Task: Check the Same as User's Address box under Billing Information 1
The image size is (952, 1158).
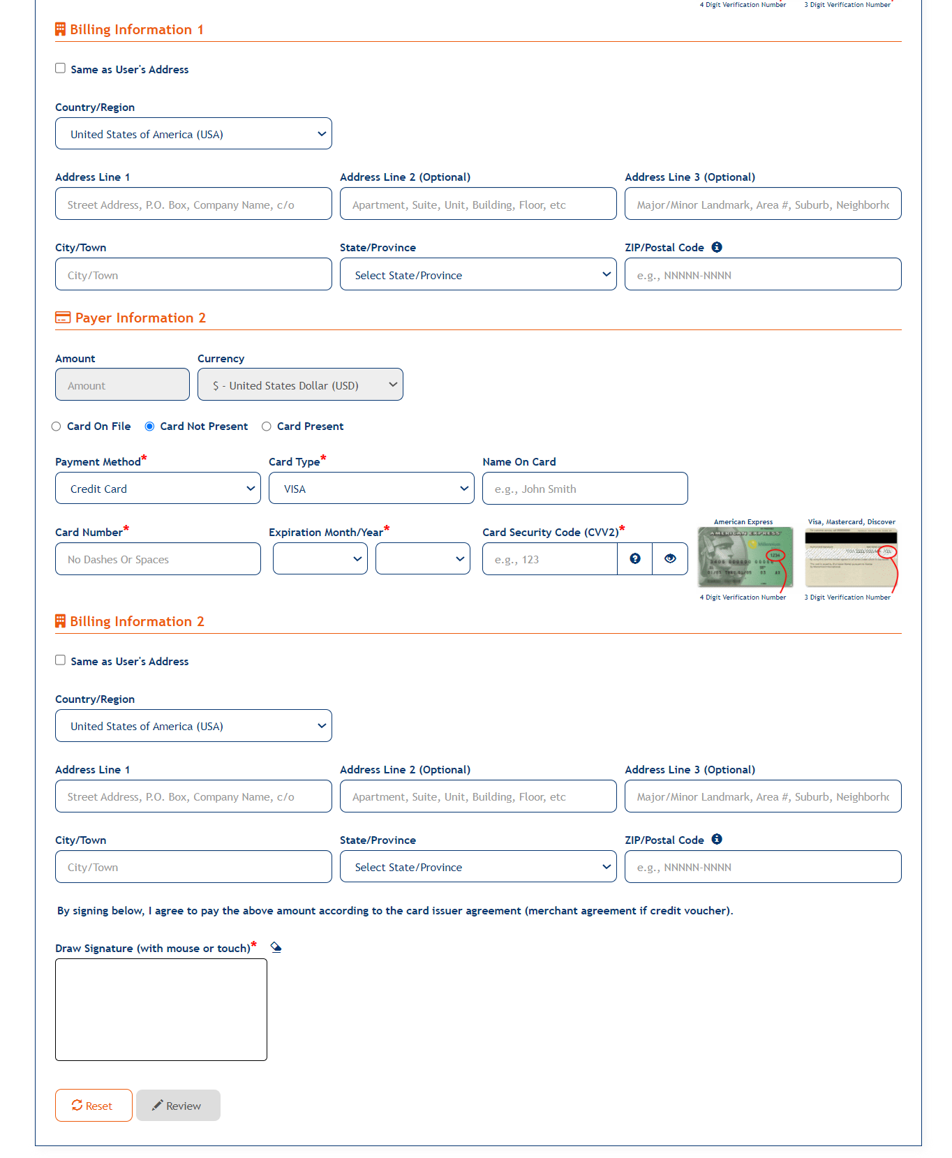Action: tap(61, 68)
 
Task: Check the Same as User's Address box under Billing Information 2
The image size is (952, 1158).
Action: tap(61, 660)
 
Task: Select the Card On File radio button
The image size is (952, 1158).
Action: tap(57, 426)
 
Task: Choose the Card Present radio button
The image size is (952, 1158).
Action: tap(267, 426)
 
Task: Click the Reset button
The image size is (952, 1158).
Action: tap(94, 1106)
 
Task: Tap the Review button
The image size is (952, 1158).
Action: tap(178, 1106)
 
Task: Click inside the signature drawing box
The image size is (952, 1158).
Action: tap(161, 1009)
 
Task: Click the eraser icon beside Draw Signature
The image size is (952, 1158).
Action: tap(276, 947)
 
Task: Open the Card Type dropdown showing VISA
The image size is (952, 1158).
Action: tap(371, 489)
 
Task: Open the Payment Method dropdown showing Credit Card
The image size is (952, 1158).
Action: tap(158, 489)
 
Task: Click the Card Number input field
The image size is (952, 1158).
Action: tap(158, 559)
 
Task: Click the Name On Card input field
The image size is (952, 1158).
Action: tap(585, 489)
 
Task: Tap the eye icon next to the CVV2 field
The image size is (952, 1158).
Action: tap(670, 558)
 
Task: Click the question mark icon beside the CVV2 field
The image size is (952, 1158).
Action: tap(635, 558)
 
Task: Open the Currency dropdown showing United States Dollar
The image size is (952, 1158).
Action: tap(300, 385)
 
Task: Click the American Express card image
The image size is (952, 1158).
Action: tap(745, 557)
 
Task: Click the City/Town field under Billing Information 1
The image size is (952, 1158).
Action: tap(193, 274)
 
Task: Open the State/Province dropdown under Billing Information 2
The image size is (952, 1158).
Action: tap(478, 867)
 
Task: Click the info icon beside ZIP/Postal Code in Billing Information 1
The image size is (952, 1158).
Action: tap(717, 247)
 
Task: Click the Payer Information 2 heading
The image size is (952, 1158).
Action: tap(140, 318)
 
